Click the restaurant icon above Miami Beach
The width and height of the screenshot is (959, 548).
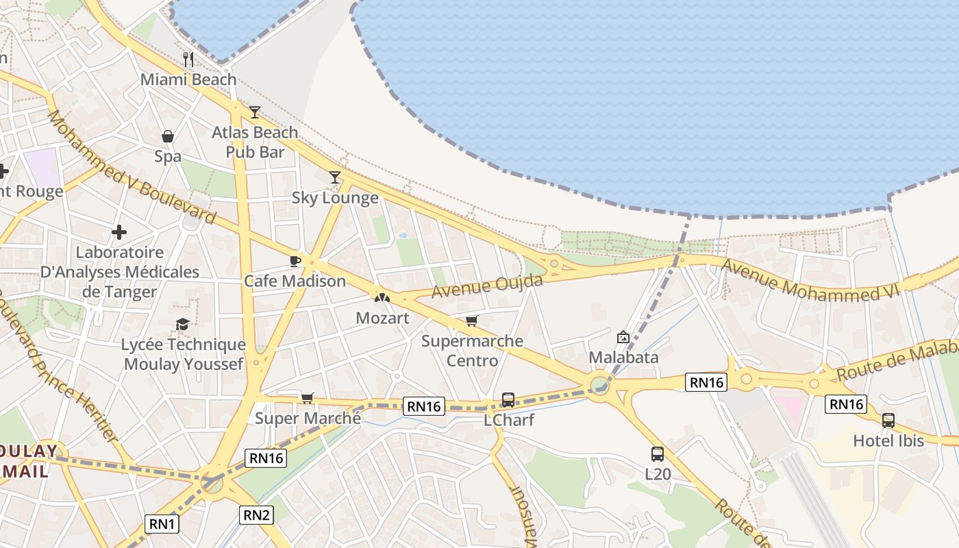click(x=188, y=60)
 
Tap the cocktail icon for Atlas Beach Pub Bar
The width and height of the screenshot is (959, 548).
click(x=255, y=112)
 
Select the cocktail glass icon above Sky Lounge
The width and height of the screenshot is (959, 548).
click(x=334, y=178)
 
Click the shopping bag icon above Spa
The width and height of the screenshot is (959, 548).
click(x=168, y=137)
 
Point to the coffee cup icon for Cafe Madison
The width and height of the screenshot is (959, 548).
click(x=295, y=261)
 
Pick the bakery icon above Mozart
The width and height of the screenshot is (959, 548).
click(x=382, y=298)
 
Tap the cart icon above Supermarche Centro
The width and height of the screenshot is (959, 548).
click(x=471, y=321)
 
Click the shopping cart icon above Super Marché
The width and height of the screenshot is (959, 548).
click(x=308, y=398)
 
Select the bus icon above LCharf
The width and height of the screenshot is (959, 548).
click(x=508, y=400)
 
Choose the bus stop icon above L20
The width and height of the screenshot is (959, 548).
click(x=658, y=453)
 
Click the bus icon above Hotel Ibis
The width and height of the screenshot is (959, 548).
click(x=888, y=421)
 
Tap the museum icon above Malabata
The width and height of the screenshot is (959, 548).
click(x=623, y=337)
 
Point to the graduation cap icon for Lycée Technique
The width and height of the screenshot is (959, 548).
click(x=182, y=325)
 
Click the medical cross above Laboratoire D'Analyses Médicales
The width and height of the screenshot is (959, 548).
click(x=119, y=232)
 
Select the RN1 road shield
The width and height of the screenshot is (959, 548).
click(x=163, y=525)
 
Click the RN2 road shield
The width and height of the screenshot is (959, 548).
click(x=257, y=515)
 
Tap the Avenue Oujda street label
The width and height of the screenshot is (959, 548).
click(x=487, y=286)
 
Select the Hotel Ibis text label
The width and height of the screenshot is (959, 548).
click(x=888, y=441)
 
